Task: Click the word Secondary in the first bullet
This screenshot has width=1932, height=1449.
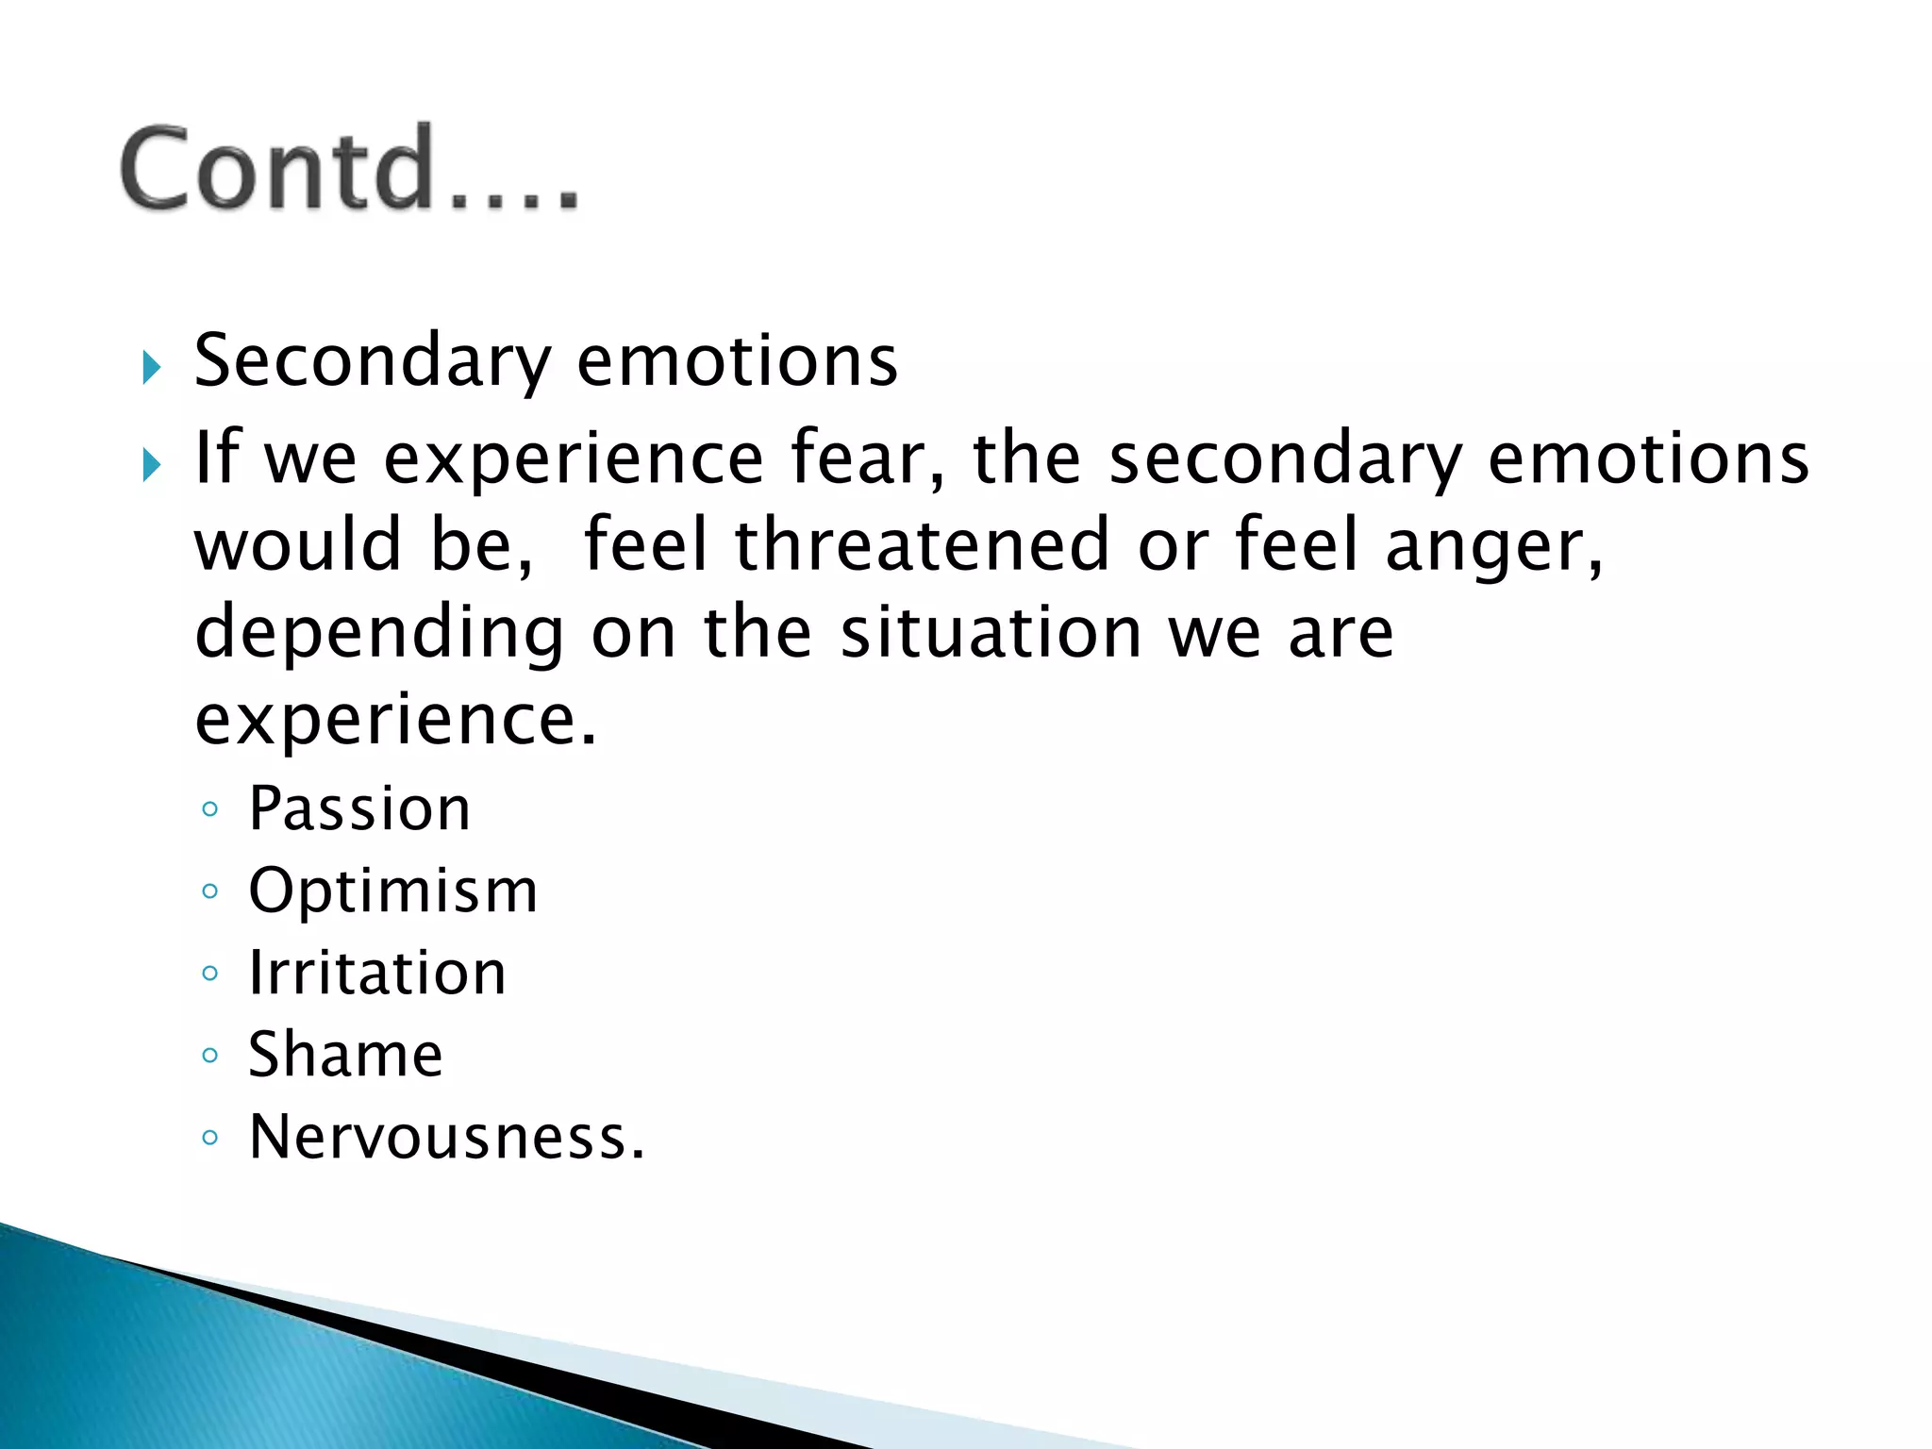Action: [372, 362]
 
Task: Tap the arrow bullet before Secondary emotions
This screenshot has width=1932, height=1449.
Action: [151, 367]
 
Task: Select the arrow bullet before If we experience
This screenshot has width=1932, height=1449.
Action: [151, 464]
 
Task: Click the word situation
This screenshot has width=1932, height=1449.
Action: [991, 632]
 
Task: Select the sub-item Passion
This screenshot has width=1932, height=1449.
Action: [359, 809]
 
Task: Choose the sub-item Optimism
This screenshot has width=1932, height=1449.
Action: [392, 891]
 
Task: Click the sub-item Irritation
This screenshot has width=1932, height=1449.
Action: [377, 973]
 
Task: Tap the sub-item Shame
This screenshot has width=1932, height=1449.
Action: [345, 1055]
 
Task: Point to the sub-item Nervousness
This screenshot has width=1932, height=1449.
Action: [446, 1137]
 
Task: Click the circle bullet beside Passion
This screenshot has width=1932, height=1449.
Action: [210, 809]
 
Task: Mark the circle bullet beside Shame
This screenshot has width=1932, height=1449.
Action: [210, 1055]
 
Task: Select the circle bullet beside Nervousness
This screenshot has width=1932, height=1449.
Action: [210, 1138]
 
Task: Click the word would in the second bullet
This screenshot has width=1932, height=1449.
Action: [297, 545]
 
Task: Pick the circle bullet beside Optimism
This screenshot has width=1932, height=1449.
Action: [210, 891]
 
